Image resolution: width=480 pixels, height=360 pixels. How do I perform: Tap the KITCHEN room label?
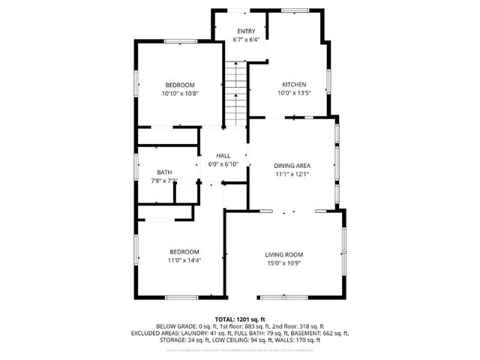point(294,84)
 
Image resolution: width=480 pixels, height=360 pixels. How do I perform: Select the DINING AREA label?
point(292,165)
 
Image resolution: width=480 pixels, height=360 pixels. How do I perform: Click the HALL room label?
point(223,155)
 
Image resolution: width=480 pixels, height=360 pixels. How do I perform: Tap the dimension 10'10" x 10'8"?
point(180,94)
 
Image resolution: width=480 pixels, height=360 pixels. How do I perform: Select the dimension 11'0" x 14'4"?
point(184,260)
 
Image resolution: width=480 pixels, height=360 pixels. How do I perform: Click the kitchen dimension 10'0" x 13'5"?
point(294,93)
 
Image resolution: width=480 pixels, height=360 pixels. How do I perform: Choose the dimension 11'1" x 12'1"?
point(292,174)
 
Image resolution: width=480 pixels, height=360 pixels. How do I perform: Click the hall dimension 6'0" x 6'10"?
point(223,164)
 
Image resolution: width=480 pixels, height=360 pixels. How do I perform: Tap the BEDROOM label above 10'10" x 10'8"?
point(180,85)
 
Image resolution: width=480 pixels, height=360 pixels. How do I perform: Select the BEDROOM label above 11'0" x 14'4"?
point(184,251)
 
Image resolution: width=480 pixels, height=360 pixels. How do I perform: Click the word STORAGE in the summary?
point(169,340)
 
